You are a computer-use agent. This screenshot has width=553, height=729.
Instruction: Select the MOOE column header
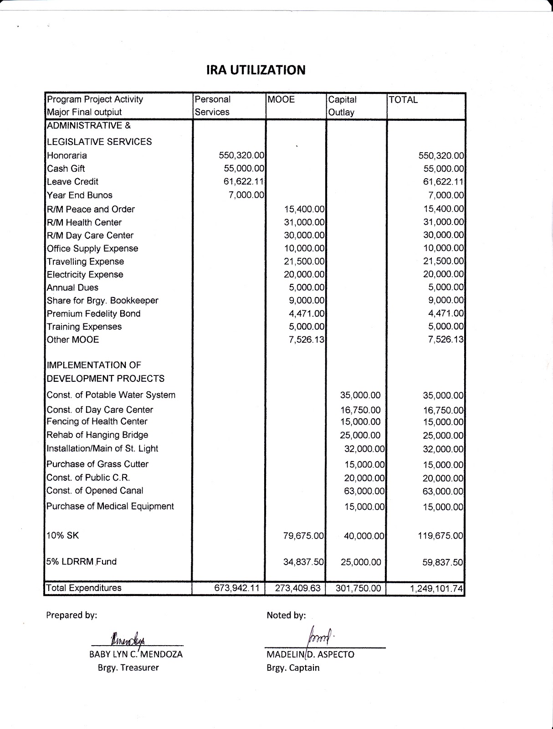tap(282, 99)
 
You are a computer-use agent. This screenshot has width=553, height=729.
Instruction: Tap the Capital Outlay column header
tap(342, 106)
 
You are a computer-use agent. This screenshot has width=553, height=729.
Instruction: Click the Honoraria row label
tap(67, 155)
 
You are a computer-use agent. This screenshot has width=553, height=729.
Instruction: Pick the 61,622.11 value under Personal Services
tap(244, 181)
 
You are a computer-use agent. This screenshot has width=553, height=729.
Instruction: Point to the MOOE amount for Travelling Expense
tap(304, 262)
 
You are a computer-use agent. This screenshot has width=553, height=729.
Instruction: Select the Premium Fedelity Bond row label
tap(93, 313)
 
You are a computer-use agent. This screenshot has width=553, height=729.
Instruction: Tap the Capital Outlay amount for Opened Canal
tap(364, 491)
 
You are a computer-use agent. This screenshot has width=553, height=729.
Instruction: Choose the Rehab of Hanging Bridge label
tap(97, 435)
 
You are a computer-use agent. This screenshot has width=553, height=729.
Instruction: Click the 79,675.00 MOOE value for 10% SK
tap(303, 536)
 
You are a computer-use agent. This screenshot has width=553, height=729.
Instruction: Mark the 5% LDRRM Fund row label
tap(82, 561)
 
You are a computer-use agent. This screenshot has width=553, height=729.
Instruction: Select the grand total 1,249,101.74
tap(436, 589)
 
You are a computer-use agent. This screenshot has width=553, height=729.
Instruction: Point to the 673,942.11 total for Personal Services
tap(237, 588)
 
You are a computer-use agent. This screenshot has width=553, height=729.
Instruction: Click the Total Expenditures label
tap(84, 588)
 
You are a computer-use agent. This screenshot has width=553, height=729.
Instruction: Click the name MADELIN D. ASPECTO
tap(310, 655)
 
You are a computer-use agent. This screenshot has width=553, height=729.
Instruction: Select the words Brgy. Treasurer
tap(128, 667)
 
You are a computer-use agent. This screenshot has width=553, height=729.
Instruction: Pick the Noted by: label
tap(286, 615)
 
